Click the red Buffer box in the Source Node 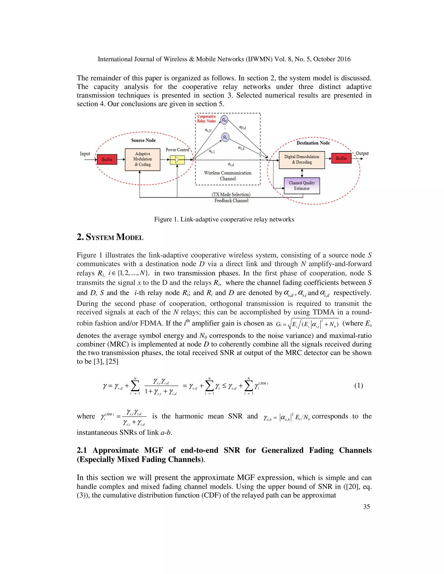point(107,160)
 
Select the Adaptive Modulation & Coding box point(143,159)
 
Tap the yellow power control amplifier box point(177,160)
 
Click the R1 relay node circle point(225,137)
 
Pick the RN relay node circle point(224,120)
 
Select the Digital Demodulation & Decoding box point(302,160)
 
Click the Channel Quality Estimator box point(302,186)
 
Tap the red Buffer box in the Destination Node point(341,158)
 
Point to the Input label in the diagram point(85,154)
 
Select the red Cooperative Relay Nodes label point(206,119)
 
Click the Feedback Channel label point(231,201)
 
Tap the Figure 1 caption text point(224,219)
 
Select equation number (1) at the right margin point(359,386)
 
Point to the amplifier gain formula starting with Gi point(307,324)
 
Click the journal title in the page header point(224,59)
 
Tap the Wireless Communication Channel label point(228,176)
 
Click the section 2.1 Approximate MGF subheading point(224,455)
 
